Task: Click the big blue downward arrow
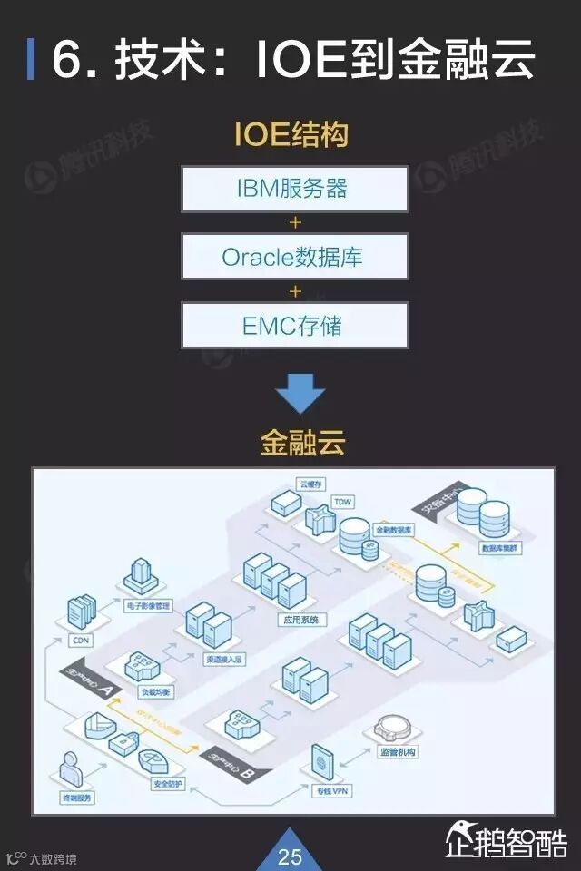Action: click(x=300, y=393)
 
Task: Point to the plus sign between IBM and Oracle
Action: click(x=294, y=222)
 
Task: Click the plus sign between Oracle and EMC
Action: click(x=294, y=291)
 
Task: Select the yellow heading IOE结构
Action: click(x=290, y=136)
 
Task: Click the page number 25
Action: click(x=290, y=856)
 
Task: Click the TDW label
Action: click(x=342, y=501)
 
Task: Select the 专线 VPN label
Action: click(x=332, y=792)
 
